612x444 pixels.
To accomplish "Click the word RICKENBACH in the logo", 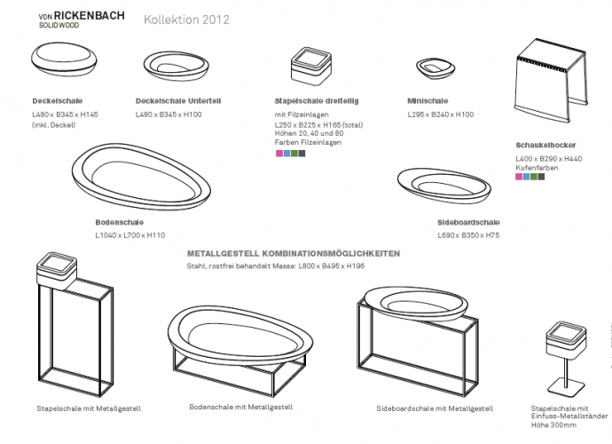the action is coord(90,16).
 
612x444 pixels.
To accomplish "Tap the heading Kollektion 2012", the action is coord(186,20).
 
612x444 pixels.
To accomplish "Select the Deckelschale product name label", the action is coord(58,101).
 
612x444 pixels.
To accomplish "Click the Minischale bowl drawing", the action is coord(435,68).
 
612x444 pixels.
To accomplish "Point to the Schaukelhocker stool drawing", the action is coord(551,80).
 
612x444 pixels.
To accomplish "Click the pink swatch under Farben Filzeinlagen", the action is coord(279,154).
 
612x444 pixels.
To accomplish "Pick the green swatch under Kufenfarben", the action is coord(534,177).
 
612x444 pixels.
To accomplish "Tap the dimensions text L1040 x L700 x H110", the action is coord(130,235).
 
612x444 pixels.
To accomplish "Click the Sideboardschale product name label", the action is coord(468,222).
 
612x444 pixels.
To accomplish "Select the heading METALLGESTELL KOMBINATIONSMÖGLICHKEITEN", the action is coord(294,254).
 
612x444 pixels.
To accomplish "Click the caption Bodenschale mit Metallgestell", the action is coord(241,407).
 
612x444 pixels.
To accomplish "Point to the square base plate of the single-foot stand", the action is coord(566,388).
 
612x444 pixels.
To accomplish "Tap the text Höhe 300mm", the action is coord(553,424).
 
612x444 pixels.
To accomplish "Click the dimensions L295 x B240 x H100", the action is coord(441,115).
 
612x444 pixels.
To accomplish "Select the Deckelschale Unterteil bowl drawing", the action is coord(176,66).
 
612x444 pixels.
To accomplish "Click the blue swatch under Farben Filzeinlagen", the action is coord(286,154).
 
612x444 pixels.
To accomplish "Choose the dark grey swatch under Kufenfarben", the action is coord(541,177).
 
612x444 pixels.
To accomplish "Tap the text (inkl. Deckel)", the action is coord(54,125).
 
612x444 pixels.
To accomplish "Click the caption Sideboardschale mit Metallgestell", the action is coord(435,408).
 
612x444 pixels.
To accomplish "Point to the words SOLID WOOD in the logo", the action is coord(59,26).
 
